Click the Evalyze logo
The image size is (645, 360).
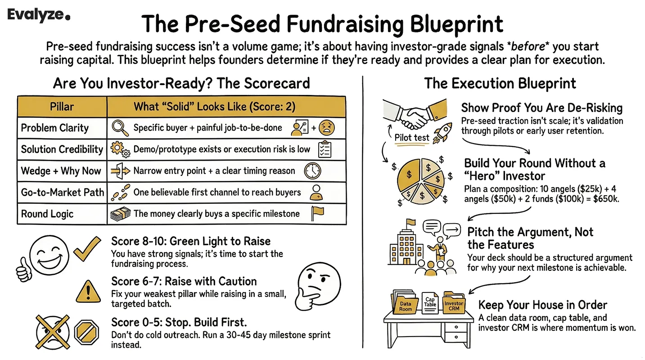(x=39, y=15)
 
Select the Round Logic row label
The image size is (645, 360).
(x=47, y=214)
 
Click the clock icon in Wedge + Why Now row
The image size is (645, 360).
(x=312, y=171)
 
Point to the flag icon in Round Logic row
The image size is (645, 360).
(x=317, y=214)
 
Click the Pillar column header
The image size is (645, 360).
(x=62, y=107)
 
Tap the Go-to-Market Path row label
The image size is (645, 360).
(x=62, y=193)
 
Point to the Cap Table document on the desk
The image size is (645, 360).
(x=430, y=306)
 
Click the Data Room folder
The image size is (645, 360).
(x=405, y=306)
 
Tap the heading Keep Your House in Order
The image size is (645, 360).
(x=542, y=305)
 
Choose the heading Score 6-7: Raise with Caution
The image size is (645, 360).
(x=184, y=282)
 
